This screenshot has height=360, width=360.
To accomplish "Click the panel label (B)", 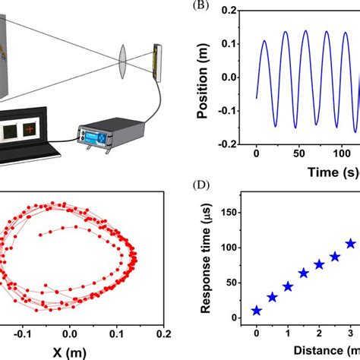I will point(200,7).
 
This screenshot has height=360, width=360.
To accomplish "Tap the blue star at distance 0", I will point(257,310).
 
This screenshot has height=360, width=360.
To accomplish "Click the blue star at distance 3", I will point(351,244).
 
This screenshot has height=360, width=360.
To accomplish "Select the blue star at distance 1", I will point(288,286).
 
